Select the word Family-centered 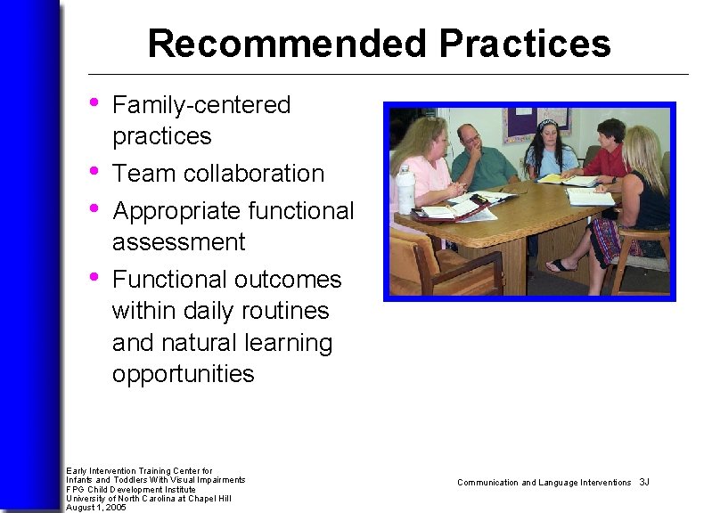pos(201,105)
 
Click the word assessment pos(178,241)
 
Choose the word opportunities pos(183,373)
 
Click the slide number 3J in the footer pos(644,482)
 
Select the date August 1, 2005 pos(96,507)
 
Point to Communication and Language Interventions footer pos(544,482)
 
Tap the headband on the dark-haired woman pos(548,124)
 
